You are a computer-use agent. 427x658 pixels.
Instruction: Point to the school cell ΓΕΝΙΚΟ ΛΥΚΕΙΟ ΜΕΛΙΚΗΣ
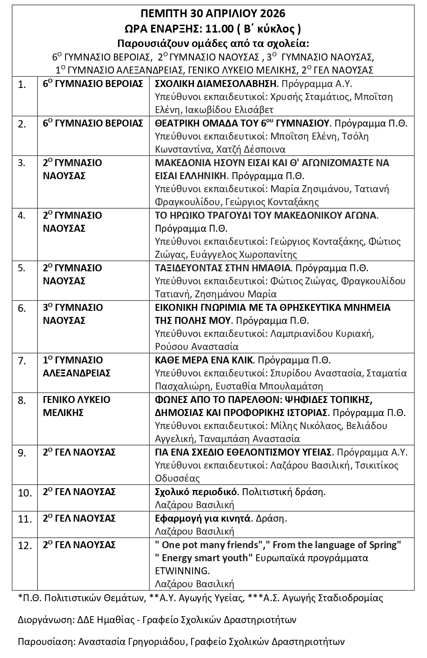tap(76, 406)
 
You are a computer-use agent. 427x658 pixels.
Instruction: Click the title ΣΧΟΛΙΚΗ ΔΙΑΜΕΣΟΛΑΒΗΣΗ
tap(215, 84)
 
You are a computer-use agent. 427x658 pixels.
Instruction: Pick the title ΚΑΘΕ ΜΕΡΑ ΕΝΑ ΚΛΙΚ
tap(204, 360)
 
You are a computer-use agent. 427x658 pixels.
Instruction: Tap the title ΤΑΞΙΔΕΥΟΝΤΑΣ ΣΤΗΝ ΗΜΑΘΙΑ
tap(222, 268)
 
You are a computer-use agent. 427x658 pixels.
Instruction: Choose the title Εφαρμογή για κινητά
tap(202, 518)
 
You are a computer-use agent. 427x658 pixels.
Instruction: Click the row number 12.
tap(25, 545)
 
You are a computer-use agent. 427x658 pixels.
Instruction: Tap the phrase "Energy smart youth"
tap(204, 557)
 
